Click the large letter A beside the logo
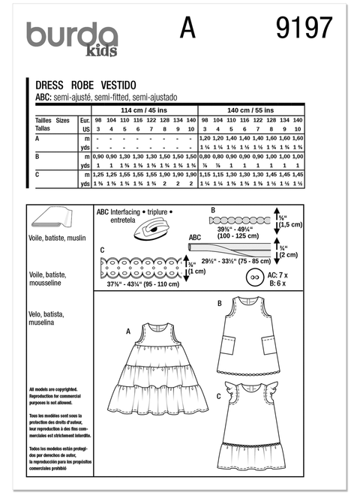tap(187, 28)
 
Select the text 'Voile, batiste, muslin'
tap(52, 245)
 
